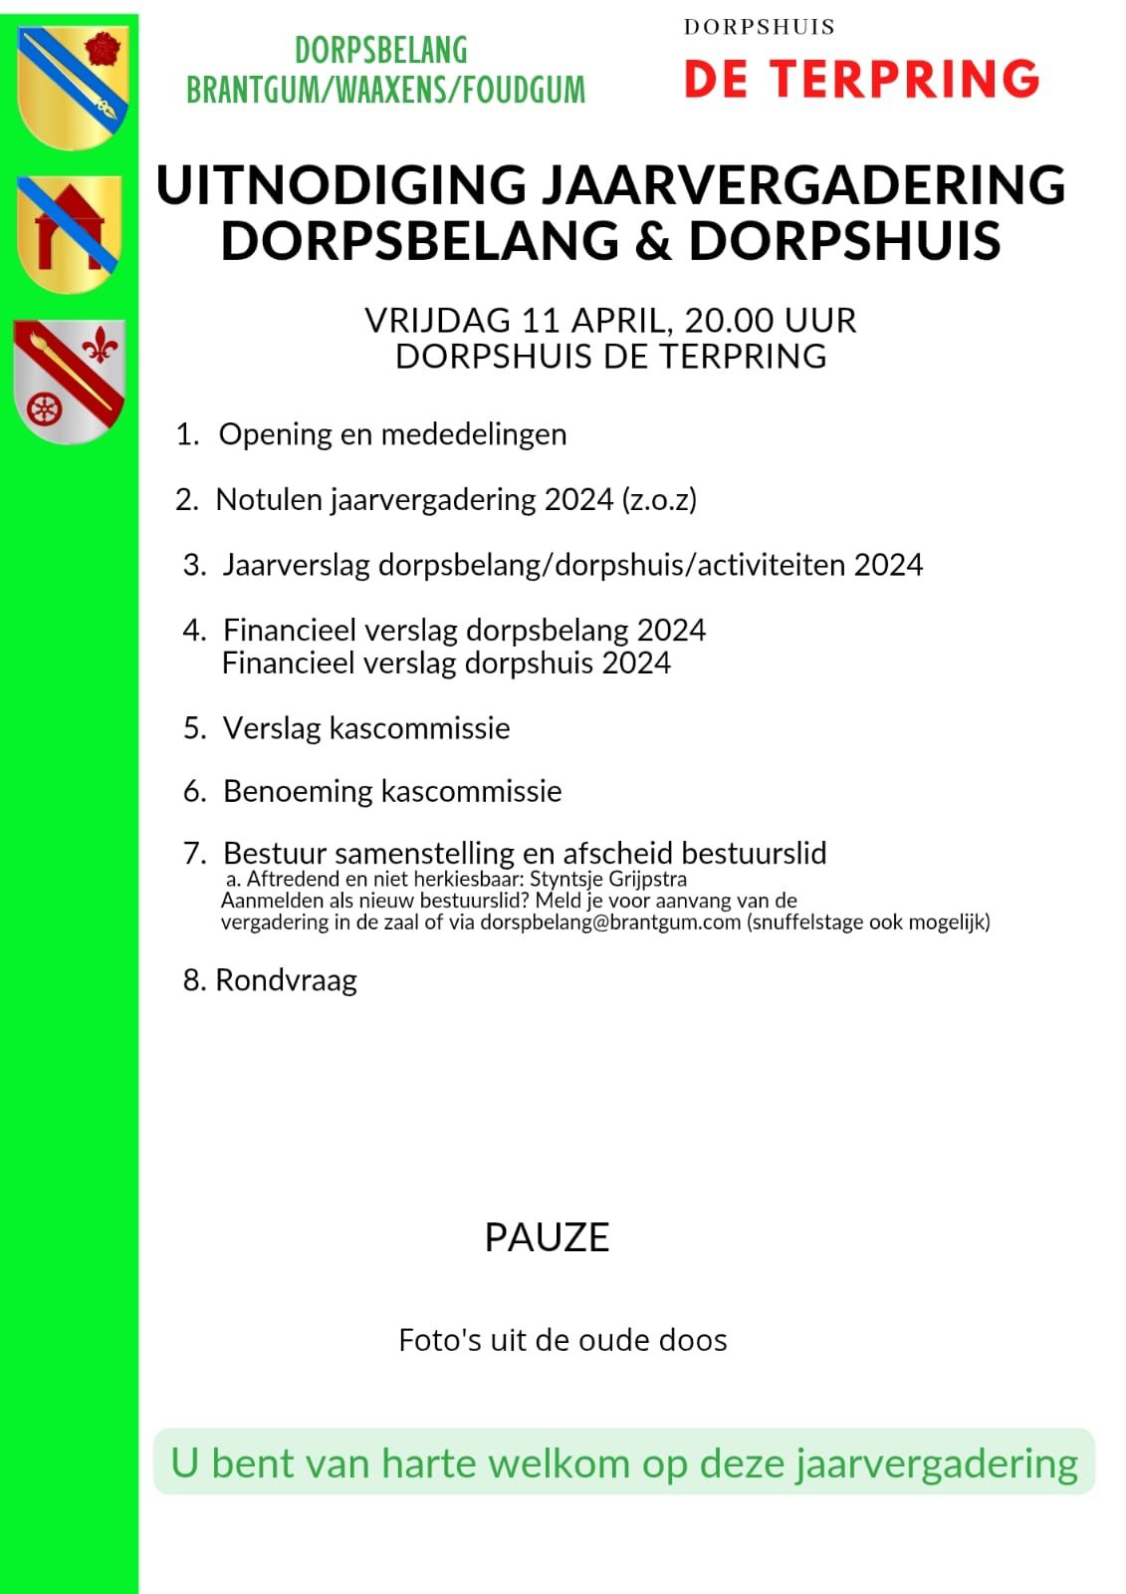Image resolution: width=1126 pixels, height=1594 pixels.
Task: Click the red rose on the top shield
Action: click(x=103, y=48)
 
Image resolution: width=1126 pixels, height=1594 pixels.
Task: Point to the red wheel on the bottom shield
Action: click(x=44, y=408)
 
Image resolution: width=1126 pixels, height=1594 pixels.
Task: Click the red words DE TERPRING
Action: click(x=861, y=80)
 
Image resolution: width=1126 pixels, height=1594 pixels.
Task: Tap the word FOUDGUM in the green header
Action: click(x=524, y=91)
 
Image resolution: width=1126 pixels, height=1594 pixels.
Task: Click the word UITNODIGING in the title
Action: click(x=341, y=185)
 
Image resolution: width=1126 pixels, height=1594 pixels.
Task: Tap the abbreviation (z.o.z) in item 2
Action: click(x=659, y=499)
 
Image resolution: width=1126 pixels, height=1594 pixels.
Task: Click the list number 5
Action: click(x=193, y=728)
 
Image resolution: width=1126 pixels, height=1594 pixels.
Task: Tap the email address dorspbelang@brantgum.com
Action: click(x=610, y=922)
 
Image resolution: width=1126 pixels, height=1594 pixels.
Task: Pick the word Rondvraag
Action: click(x=286, y=980)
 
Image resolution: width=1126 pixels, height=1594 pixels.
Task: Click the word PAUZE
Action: click(x=547, y=1237)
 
